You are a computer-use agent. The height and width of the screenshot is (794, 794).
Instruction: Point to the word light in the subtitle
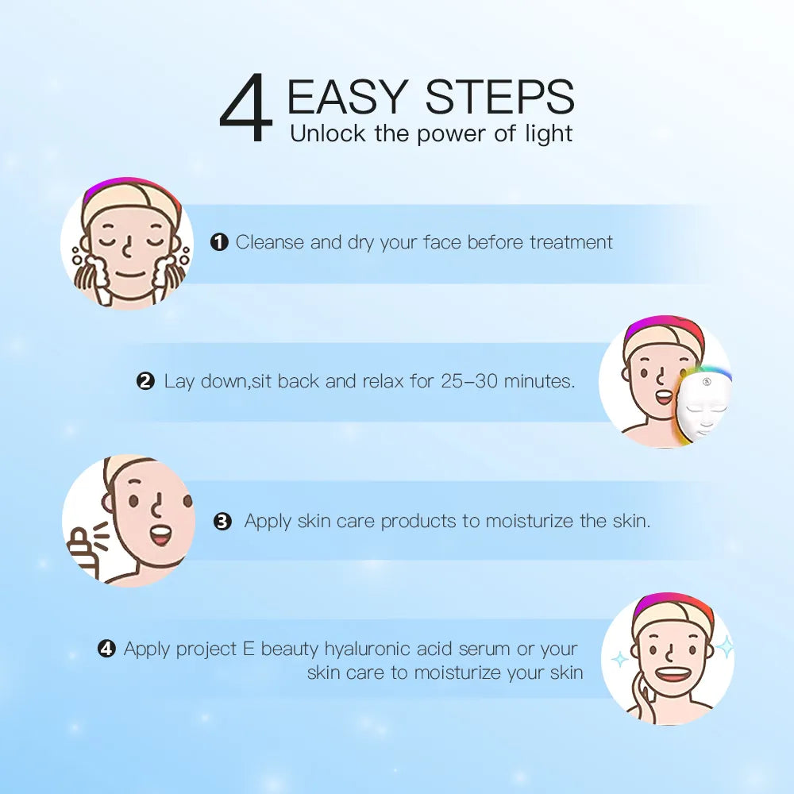click(x=548, y=133)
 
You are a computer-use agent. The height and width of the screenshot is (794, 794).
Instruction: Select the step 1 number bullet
click(x=219, y=243)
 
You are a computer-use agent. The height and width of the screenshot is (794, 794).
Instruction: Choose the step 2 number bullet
click(x=145, y=382)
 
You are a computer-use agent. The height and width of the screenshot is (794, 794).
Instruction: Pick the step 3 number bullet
click(x=223, y=522)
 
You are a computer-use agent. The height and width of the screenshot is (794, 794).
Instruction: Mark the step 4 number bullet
click(x=106, y=649)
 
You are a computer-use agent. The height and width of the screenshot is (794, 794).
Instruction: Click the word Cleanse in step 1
click(x=270, y=242)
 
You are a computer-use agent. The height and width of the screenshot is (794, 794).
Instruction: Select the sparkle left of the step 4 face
click(x=620, y=659)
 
